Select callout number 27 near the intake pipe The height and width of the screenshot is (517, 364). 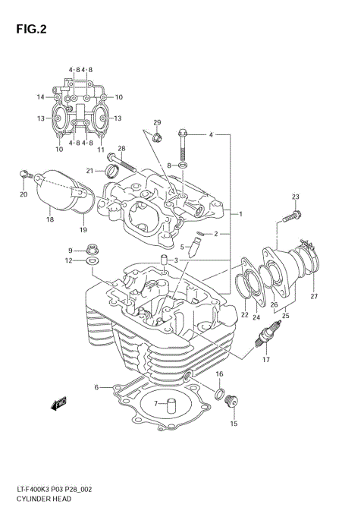coord(313,296)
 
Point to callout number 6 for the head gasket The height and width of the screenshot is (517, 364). coord(97,387)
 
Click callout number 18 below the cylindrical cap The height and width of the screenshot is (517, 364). coord(50,219)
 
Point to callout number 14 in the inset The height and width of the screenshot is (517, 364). coord(40,97)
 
